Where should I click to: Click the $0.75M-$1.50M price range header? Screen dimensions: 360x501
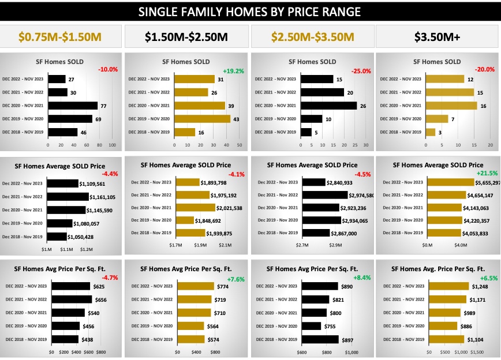[x=60, y=37]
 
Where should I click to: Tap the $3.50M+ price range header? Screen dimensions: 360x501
[x=438, y=37]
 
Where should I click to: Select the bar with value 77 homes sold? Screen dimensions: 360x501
[x=73, y=106]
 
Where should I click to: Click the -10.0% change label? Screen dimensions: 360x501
[x=108, y=69]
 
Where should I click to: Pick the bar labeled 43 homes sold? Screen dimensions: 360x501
[x=201, y=119]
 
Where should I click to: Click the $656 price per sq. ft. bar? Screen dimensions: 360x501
[x=72, y=299]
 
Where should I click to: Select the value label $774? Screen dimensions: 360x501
[x=223, y=287]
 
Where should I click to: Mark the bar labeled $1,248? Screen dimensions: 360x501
[x=448, y=286]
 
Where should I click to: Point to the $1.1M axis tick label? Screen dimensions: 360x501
[x=66, y=249]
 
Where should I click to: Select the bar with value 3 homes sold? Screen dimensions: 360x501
[x=430, y=132]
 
